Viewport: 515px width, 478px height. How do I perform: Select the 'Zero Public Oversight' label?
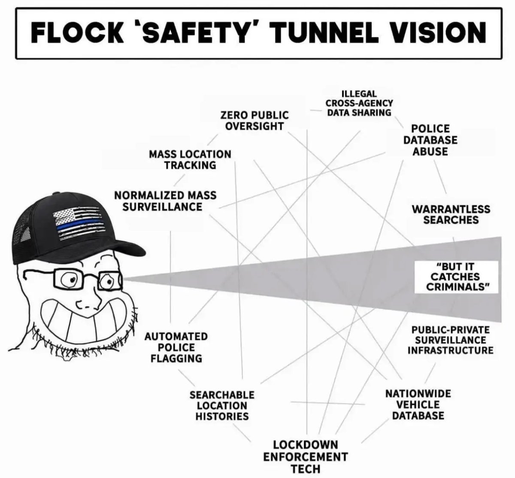coord(254,120)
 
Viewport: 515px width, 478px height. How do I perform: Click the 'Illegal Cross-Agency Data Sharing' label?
coord(359,103)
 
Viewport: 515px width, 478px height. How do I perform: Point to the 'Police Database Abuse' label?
coord(430,140)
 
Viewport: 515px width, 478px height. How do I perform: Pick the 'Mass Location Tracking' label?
coord(190,159)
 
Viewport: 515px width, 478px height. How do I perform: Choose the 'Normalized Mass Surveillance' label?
coord(165,201)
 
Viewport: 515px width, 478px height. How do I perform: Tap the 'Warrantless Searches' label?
coord(451,214)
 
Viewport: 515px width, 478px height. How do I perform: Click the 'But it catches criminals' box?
coord(456,277)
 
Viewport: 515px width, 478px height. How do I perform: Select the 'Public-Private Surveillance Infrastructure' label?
coord(451,340)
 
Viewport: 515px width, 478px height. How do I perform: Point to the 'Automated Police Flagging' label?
coord(176,347)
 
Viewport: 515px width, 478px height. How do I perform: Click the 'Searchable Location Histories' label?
coord(222,405)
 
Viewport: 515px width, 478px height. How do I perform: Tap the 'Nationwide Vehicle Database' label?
coord(418,405)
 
